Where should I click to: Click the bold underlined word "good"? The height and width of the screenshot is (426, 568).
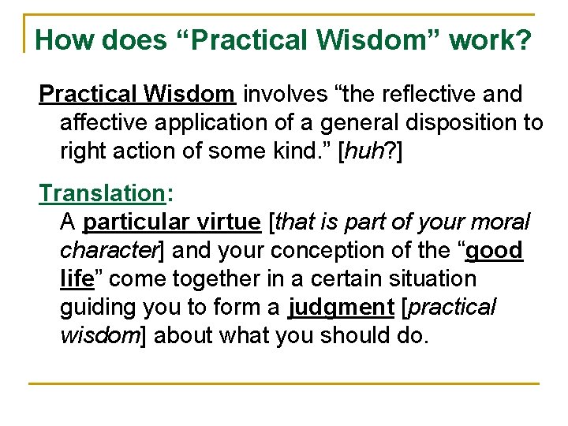click(x=494, y=251)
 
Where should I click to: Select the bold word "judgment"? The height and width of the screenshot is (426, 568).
click(x=342, y=308)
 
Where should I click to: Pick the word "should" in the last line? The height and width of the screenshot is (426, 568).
click(x=354, y=336)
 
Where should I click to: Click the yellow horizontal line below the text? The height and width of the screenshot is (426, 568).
click(x=284, y=383)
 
